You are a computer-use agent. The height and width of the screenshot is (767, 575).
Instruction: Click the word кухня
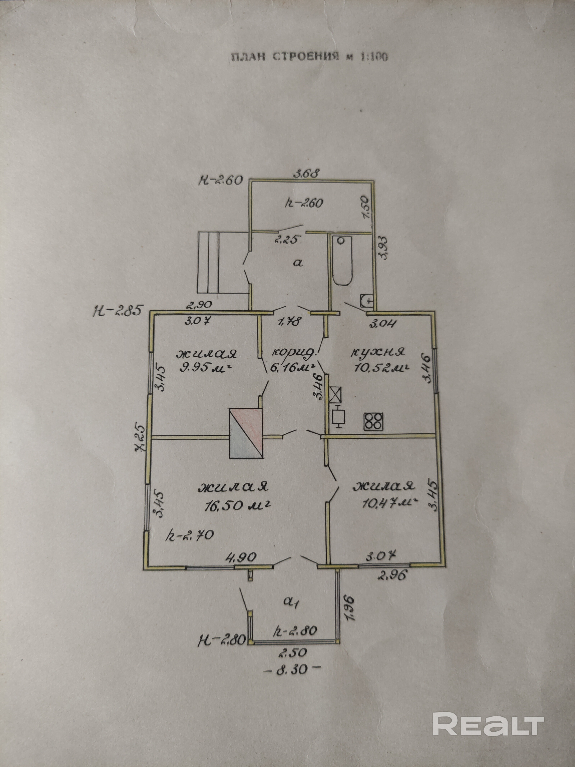coord(378,352)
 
